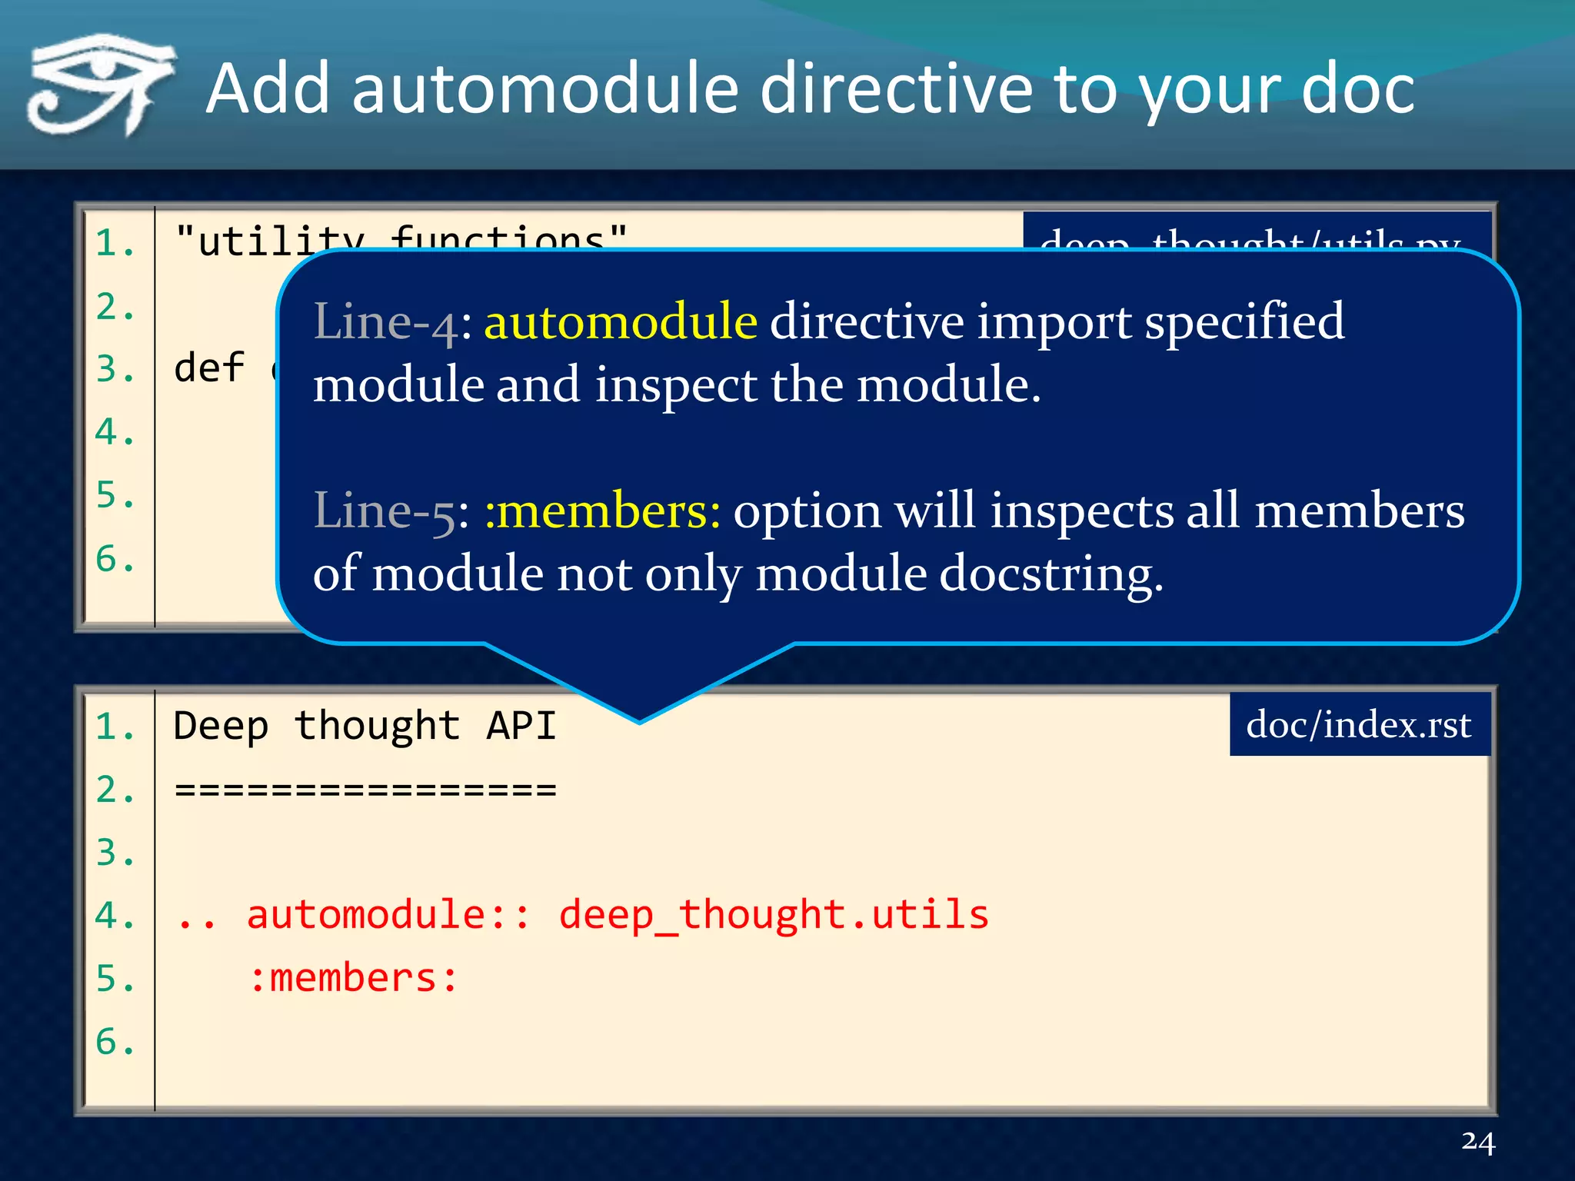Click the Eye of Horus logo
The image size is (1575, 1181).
[x=100, y=85]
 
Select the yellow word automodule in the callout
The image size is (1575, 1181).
[x=621, y=321]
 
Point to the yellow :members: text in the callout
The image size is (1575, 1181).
[x=602, y=511]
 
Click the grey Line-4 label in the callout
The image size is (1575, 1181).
[x=387, y=321]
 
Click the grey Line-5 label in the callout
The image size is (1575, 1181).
[x=387, y=511]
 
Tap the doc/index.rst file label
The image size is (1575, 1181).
[x=1359, y=724]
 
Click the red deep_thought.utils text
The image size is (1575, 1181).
[x=773, y=915]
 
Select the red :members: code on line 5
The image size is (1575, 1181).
[x=354, y=978]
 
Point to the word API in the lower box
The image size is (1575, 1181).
[x=521, y=726]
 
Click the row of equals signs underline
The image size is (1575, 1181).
[x=365, y=790]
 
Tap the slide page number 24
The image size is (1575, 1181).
[x=1478, y=1142]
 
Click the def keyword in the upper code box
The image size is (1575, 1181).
[x=209, y=368]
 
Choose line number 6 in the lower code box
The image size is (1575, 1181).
[x=114, y=1042]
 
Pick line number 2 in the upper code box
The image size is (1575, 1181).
[x=114, y=307]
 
